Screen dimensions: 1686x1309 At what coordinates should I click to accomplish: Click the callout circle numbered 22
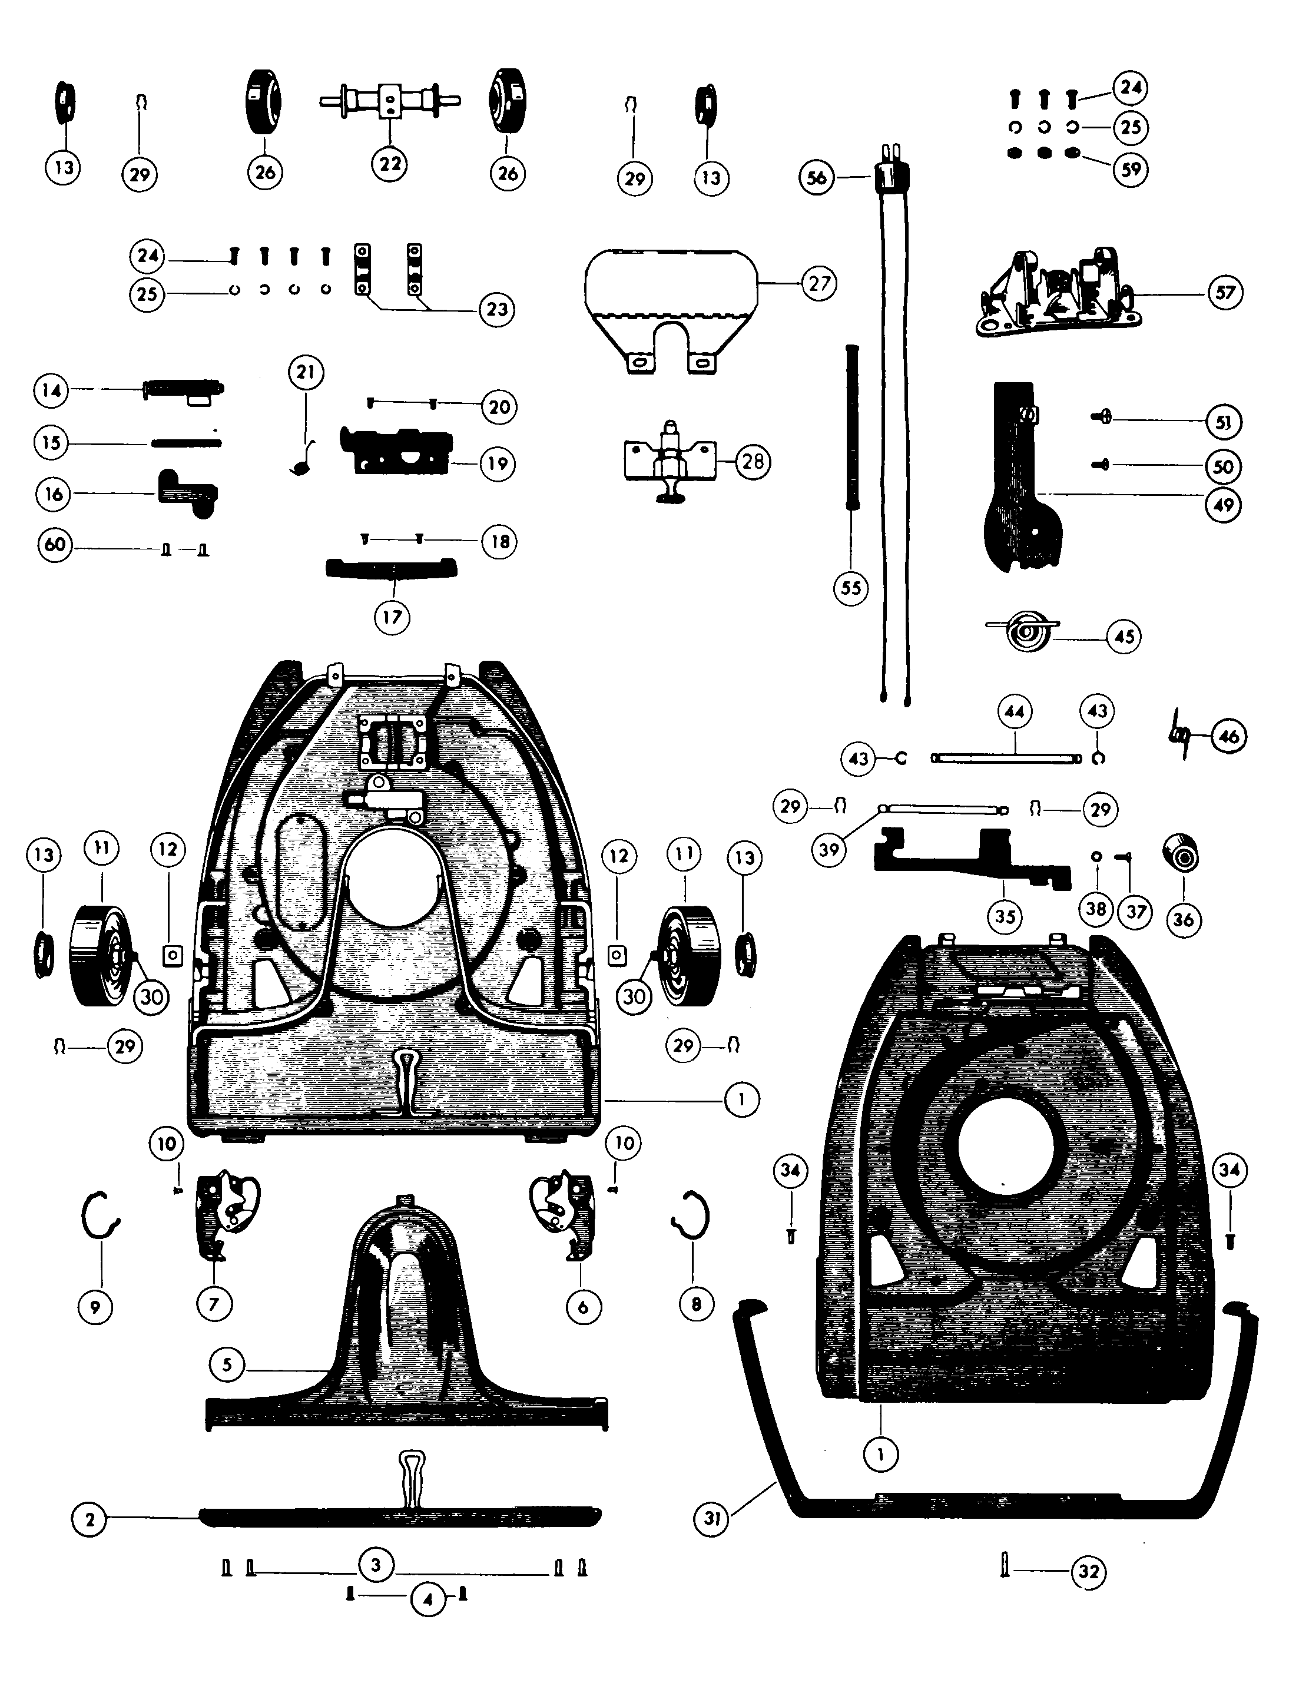coord(390,164)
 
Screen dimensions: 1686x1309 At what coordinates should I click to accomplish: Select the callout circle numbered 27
coord(819,283)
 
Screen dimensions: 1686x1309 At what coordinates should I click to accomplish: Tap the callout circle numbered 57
coord(1225,293)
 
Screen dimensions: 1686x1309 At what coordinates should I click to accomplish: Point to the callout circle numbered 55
coord(850,588)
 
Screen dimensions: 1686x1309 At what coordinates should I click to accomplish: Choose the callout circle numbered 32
coord(1089,1572)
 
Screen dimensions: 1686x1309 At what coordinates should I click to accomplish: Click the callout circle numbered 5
coord(227,1364)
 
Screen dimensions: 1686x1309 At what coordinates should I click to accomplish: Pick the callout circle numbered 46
coord(1228,737)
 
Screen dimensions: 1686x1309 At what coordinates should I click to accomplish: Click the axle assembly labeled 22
coord(390,102)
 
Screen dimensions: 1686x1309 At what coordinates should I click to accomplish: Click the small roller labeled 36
coord(1180,854)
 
